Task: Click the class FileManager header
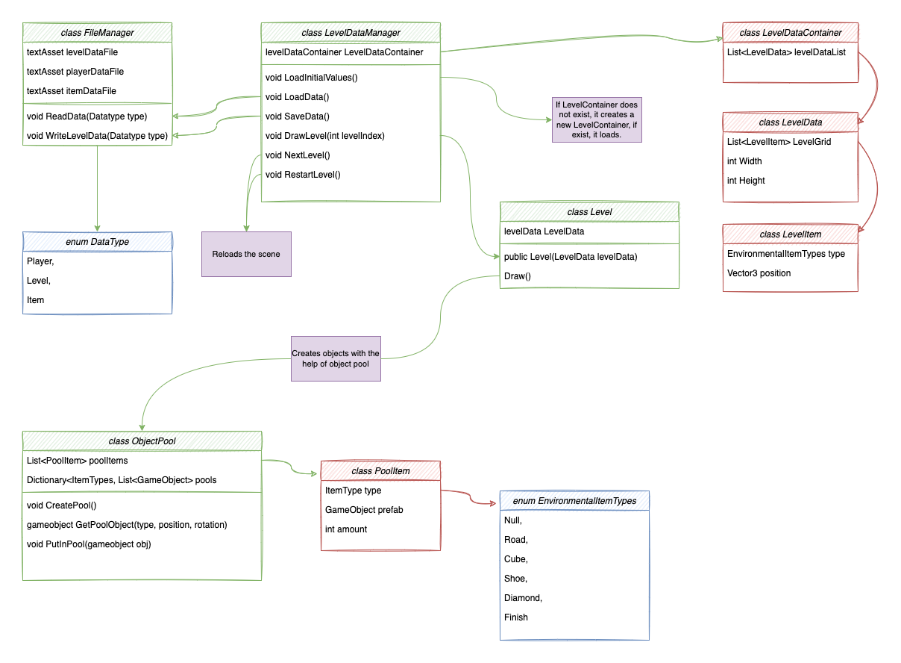97,32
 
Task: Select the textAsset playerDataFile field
75,72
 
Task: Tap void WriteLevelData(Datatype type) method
98,136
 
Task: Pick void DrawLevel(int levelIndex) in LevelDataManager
324,136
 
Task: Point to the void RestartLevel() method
303,175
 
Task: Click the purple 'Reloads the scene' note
246,254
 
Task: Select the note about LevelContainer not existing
596,120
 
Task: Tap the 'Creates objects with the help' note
336,358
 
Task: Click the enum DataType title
97,241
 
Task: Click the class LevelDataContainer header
791,33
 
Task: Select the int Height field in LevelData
746,181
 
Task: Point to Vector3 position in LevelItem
759,273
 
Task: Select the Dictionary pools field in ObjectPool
122,480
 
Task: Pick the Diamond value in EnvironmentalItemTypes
523,598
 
